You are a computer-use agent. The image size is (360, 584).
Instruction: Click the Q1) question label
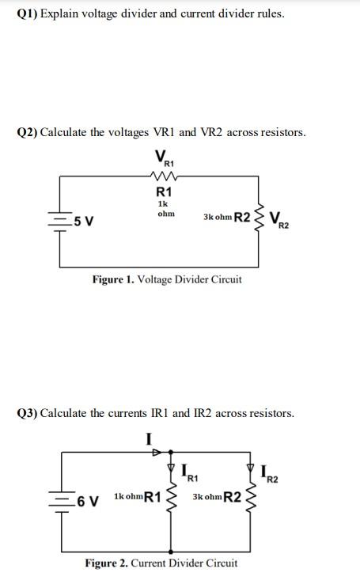(28, 13)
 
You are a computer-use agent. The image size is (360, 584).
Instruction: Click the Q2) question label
(28, 132)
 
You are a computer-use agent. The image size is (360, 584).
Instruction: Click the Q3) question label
(28, 413)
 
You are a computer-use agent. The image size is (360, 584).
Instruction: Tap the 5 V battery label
(84, 220)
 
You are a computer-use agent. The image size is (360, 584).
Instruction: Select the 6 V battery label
(85, 499)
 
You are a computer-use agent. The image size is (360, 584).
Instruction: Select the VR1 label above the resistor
(164, 156)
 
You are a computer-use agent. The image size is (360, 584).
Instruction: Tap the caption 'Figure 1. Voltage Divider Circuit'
(167, 279)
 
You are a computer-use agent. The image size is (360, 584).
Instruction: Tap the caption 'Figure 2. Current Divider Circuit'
(161, 563)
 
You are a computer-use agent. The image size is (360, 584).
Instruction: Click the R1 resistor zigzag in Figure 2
(169, 499)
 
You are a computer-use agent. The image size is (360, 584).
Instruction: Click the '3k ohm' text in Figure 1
(217, 217)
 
